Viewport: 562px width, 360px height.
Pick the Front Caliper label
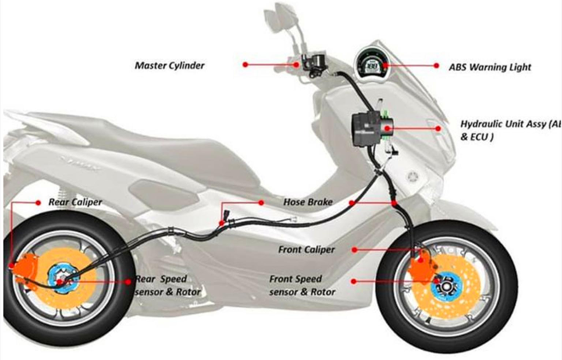[x=306, y=250]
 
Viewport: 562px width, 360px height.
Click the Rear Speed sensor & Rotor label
[x=168, y=286]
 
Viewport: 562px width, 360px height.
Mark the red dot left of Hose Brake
[x=261, y=202]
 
